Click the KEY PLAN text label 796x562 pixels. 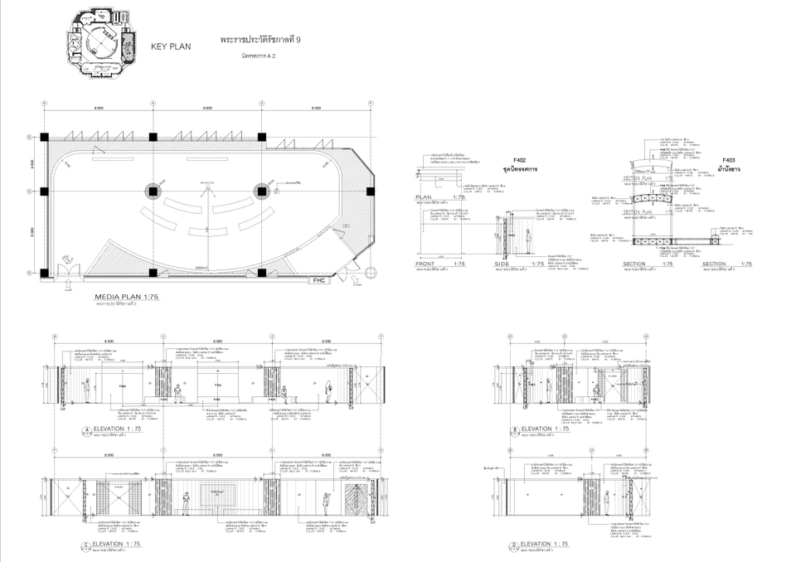170,46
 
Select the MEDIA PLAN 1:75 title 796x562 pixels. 126,296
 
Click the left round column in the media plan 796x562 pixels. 153,191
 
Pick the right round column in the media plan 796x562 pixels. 261,191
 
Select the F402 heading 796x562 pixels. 520,160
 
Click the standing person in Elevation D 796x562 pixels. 606,502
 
